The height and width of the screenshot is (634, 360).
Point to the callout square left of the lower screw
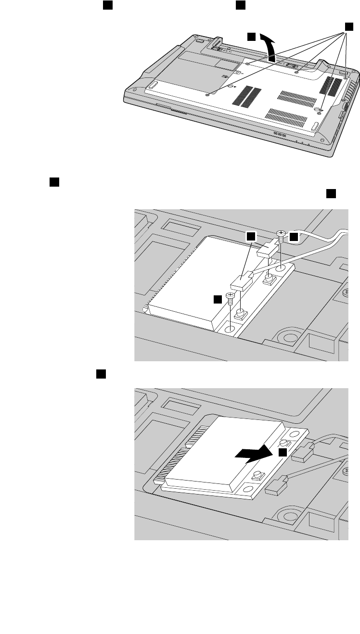tap(219, 300)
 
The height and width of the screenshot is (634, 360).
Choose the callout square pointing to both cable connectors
tap(250, 236)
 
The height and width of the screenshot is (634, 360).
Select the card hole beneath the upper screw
tap(282, 266)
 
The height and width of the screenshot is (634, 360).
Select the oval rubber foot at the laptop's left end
tap(153, 85)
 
